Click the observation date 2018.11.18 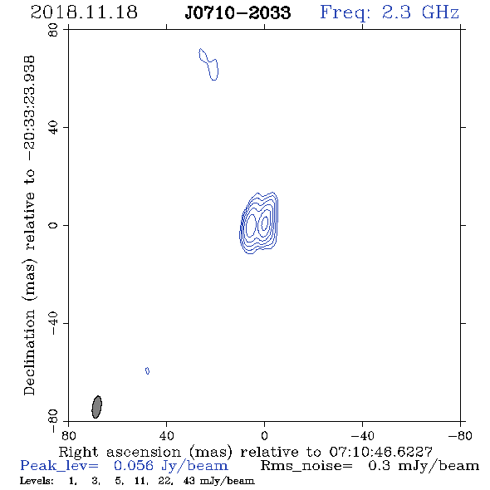coord(84,12)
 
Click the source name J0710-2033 coord(238,12)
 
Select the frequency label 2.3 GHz coord(420,12)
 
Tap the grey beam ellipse coord(97,407)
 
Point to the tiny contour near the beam coord(147,371)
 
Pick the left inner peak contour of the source coord(251,225)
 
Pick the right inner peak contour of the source coord(264,223)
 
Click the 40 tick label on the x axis coord(166,436)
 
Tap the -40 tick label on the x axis coord(362,436)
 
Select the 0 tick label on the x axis coord(264,436)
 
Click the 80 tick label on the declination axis coord(53,30)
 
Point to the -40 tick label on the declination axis coord(53,323)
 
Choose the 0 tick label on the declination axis coord(53,225)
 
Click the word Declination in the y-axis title coord(29,352)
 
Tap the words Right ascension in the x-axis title coord(120,452)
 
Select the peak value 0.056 coord(134,466)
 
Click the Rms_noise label coord(306,466)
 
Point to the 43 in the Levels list coord(189,480)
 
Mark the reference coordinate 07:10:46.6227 coord(380,452)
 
